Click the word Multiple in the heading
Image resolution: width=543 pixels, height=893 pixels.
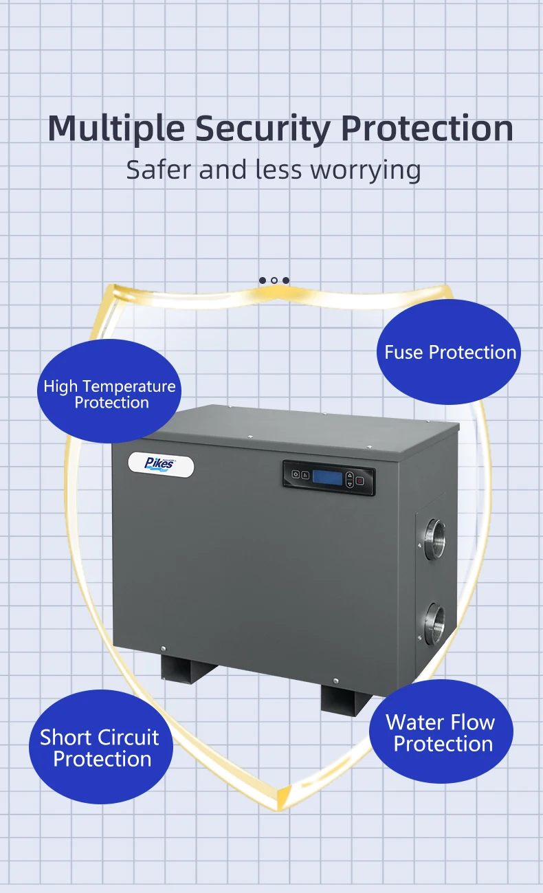click(116, 128)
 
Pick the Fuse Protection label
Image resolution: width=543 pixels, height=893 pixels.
click(450, 352)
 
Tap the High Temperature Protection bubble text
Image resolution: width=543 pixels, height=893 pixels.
click(110, 394)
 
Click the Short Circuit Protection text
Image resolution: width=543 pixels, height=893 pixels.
click(101, 748)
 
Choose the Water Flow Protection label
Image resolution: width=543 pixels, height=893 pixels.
click(441, 733)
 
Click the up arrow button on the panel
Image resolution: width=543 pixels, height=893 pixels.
click(349, 474)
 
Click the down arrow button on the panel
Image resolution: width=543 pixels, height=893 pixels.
click(349, 484)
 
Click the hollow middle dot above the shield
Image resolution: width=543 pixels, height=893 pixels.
click(274, 280)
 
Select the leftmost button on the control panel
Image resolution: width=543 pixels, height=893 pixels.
click(296, 474)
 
